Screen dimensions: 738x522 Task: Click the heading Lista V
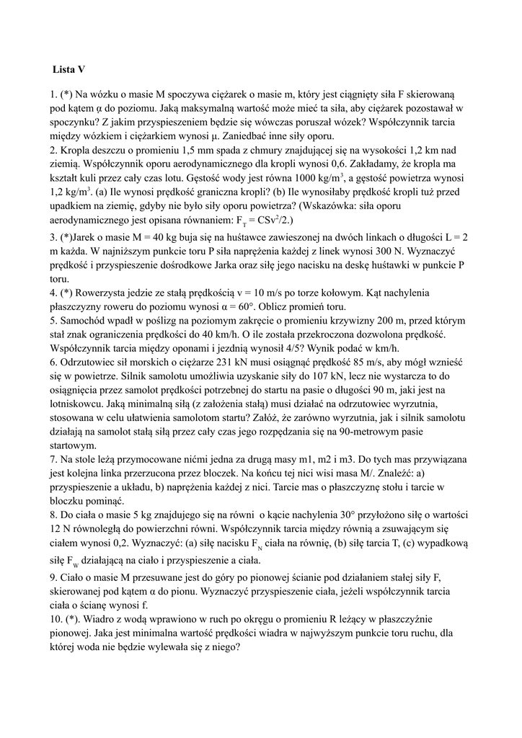click(x=68, y=70)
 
